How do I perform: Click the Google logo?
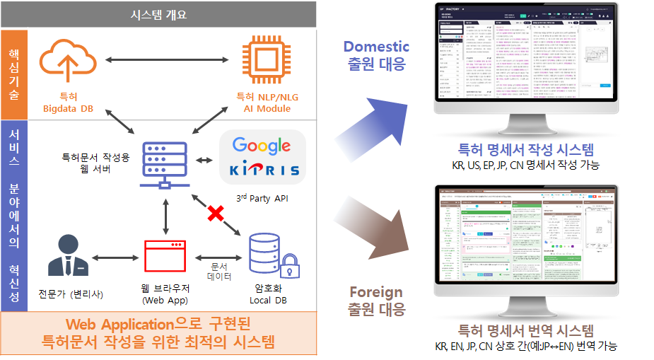click(x=261, y=146)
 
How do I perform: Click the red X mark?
click(x=214, y=214)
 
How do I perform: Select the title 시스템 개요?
click(x=158, y=14)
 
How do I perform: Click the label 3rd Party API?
click(x=262, y=199)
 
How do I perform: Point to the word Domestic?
click(x=376, y=47)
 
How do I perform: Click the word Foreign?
click(x=376, y=292)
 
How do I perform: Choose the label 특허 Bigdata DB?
click(x=66, y=102)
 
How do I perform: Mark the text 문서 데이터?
click(x=218, y=272)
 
